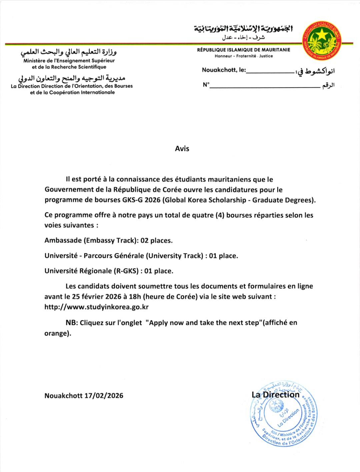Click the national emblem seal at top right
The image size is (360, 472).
pos(322,41)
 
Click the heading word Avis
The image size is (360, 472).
pos(182,149)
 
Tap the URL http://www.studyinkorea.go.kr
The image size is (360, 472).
pos(96,307)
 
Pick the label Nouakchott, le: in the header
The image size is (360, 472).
pos(224,70)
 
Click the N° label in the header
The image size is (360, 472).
pos(206,85)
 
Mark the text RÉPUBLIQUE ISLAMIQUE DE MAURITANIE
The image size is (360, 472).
pos(244,50)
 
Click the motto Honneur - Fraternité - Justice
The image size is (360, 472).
pos(244,56)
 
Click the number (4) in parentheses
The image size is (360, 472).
pos(219,215)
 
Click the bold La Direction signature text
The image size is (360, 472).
pos(276,395)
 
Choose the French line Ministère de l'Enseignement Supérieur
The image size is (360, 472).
pos(69,61)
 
